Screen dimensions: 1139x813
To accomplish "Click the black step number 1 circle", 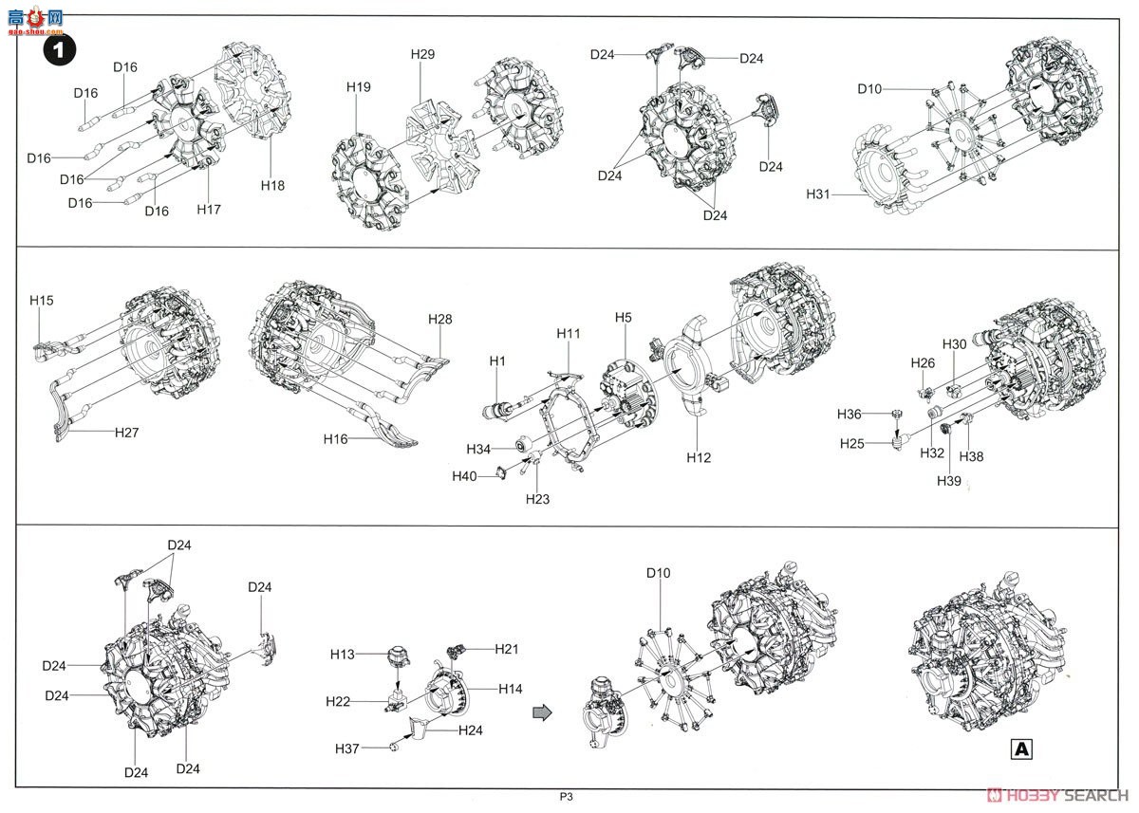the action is (60, 49).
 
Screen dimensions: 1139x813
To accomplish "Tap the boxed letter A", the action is (1021, 749).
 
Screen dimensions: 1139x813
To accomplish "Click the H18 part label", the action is (272, 186).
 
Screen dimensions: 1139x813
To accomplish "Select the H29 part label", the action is (422, 54).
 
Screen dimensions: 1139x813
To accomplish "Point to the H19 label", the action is (359, 87).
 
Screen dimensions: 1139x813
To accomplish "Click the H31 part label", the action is (817, 194).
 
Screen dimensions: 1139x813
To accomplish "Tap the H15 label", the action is (41, 301).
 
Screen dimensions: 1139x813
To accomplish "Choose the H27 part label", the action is (126, 433).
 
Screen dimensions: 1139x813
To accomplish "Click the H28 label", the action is (439, 319).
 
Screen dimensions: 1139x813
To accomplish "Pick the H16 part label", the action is (336, 439).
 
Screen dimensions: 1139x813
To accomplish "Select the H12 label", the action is (699, 458).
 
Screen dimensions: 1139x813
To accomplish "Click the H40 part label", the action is (464, 476).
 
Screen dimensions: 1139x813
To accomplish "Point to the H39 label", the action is (949, 481).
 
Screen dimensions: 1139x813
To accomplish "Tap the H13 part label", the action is (343, 655).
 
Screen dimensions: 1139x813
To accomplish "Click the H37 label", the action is (346, 748).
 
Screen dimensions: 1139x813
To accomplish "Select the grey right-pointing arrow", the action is (542, 712).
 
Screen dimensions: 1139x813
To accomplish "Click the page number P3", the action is (566, 797).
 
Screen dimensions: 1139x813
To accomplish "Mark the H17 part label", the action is (209, 210).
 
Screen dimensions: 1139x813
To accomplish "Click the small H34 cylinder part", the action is (524, 444).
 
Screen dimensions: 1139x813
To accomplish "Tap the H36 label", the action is (850, 415).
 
